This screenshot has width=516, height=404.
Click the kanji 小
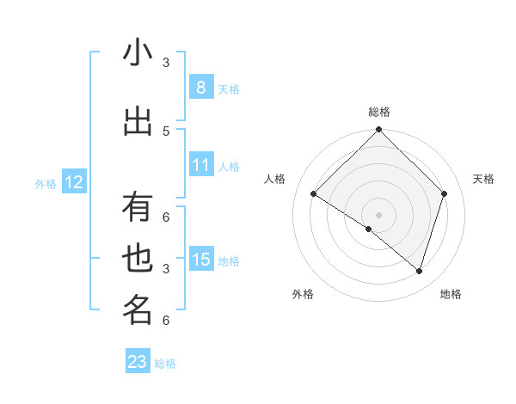[x=138, y=52]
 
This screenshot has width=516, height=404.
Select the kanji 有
[x=138, y=208]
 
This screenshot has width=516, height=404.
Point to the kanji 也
[x=138, y=259]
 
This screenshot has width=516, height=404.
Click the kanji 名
[x=138, y=310]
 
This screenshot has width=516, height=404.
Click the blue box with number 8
[x=201, y=88]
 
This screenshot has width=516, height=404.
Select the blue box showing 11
[x=201, y=165]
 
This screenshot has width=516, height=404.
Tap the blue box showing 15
[x=201, y=260]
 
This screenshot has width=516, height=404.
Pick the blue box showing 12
[x=74, y=182]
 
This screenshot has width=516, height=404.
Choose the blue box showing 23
[x=138, y=362]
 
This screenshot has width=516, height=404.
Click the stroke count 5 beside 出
[x=166, y=131]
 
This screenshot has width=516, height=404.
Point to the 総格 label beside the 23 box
[x=165, y=364]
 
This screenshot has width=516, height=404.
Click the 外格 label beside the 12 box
[x=45, y=183]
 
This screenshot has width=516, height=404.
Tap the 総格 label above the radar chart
[x=378, y=112]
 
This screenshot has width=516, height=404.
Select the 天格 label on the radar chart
[x=484, y=179]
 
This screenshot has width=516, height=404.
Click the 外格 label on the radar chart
[x=303, y=294]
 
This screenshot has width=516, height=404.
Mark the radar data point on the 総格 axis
[x=378, y=130]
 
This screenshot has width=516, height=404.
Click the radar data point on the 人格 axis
[x=314, y=194]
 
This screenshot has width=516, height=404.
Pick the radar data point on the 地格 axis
[x=419, y=271]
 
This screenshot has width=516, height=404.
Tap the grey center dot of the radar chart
[x=378, y=214]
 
